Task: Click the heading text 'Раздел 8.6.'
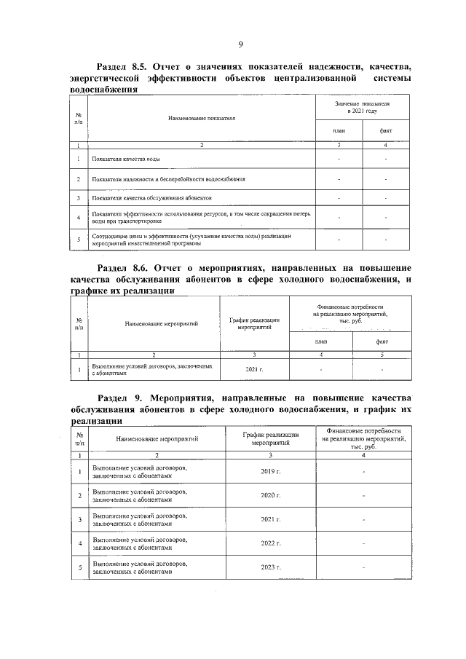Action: pos(122,268)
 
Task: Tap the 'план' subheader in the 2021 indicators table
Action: pos(339,131)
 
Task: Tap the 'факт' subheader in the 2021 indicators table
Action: pos(386,131)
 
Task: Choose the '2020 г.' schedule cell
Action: pos(270,496)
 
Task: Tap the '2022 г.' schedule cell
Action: pos(270,542)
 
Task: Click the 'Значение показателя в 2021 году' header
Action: pos(362,108)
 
